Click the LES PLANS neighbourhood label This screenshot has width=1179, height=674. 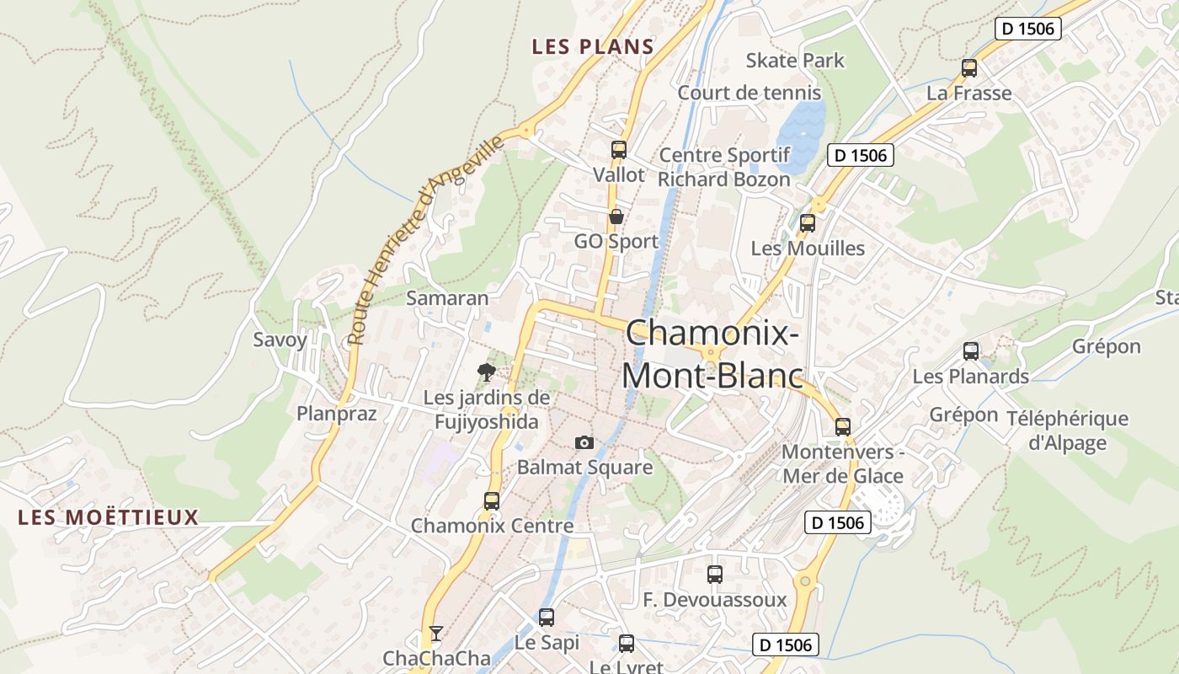tap(593, 47)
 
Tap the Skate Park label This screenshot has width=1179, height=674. tap(795, 61)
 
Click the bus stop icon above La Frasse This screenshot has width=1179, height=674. tap(969, 68)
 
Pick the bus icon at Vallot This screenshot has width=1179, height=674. tap(619, 150)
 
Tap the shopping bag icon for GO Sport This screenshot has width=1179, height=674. tap(616, 217)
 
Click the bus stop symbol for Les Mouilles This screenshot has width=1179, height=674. tap(808, 223)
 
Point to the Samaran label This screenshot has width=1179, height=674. tap(447, 297)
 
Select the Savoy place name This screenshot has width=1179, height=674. tap(280, 340)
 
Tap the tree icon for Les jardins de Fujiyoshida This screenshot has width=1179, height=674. tap(486, 372)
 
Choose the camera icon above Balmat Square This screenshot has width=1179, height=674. tap(584, 442)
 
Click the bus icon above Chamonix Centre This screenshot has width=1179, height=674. tap(492, 500)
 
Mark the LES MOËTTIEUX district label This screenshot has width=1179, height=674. tap(109, 517)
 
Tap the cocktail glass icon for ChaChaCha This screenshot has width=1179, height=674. tap(435, 633)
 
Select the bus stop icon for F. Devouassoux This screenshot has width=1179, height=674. tap(715, 575)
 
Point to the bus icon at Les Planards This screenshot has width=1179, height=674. tap(971, 351)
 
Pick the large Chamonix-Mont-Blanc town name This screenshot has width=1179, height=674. tap(712, 354)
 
